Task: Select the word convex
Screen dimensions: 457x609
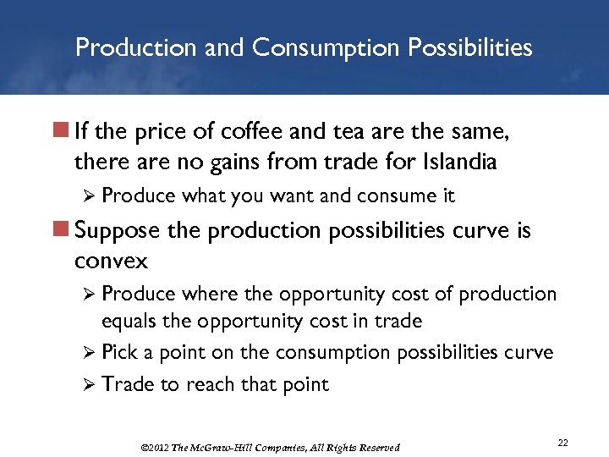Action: pos(111,259)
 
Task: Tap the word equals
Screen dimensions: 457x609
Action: pos(129,322)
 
